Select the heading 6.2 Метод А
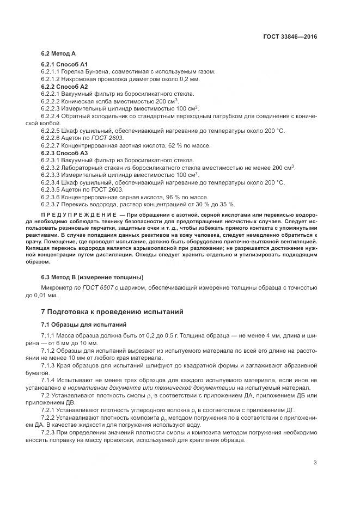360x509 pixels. click(58, 54)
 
